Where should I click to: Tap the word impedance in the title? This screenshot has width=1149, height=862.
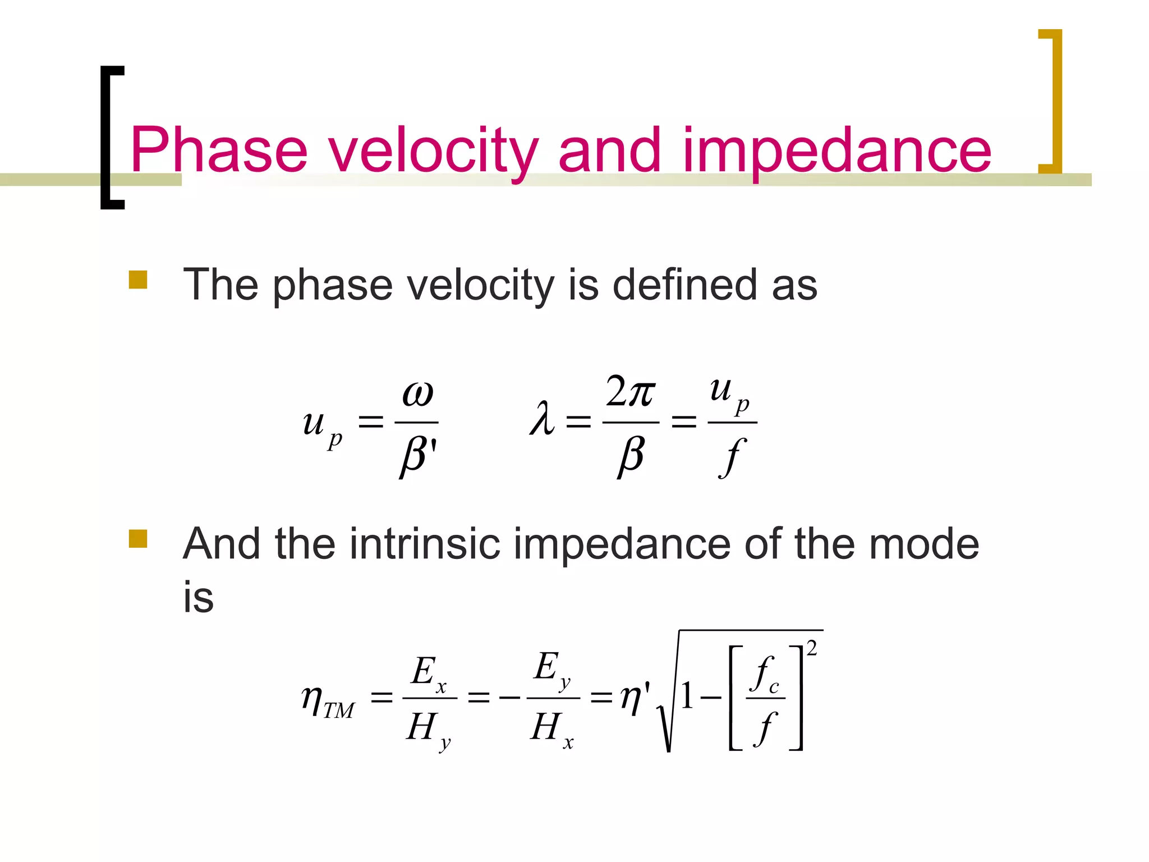(x=836, y=150)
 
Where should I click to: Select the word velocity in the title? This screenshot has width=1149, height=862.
(x=433, y=150)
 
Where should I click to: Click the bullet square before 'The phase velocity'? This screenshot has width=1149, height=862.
(x=138, y=279)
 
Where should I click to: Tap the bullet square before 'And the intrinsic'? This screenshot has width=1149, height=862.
(x=138, y=538)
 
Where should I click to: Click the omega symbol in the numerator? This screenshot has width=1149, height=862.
(x=418, y=394)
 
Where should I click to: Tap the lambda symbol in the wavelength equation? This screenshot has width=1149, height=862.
(x=542, y=419)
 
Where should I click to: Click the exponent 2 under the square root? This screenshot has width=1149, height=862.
(x=811, y=649)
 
